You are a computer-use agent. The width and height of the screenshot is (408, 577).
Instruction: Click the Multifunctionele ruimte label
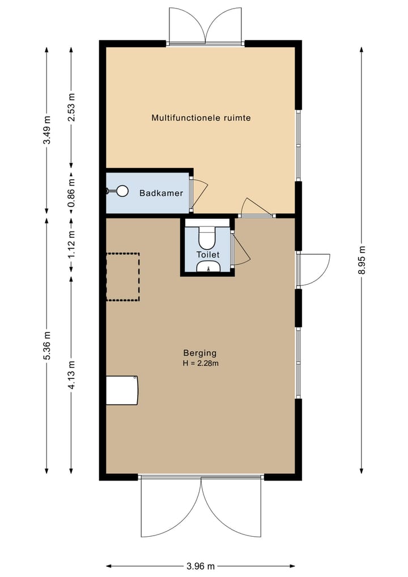[201, 118]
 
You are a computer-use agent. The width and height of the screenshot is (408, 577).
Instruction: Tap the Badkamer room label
[161, 193]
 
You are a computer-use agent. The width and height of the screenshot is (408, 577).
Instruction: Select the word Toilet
[207, 255]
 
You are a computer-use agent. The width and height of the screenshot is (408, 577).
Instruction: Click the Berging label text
[199, 352]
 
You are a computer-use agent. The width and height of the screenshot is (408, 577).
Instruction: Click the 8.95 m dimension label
[362, 260]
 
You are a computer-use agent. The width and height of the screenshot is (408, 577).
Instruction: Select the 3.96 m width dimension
[201, 566]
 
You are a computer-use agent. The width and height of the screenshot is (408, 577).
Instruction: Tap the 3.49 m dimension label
[47, 130]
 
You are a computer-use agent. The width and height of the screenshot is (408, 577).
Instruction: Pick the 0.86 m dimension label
[71, 193]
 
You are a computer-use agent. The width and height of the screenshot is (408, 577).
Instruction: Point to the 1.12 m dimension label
[71, 245]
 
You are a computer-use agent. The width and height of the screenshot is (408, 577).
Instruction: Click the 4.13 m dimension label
[71, 374]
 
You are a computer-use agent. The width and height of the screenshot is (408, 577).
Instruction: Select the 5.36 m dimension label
[47, 345]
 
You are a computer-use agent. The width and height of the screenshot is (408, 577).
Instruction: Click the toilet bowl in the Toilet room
[207, 238]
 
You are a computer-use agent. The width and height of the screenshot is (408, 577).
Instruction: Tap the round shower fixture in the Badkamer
[122, 192]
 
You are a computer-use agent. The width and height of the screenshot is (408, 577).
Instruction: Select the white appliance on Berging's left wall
[122, 390]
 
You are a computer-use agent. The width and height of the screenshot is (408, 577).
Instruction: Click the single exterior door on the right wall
[314, 269]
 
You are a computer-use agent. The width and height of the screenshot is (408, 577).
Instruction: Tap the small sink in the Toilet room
[208, 269]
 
